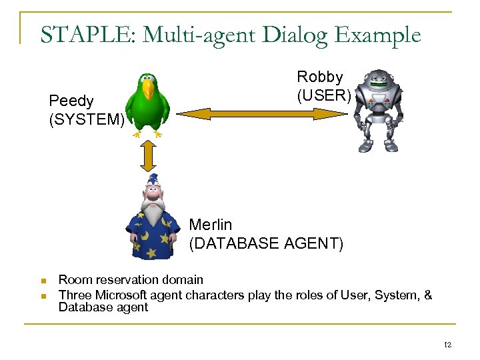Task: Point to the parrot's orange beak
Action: pyautogui.click(x=148, y=88)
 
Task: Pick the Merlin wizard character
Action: pyautogui.click(x=153, y=217)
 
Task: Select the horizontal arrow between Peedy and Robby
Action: pyautogui.click(x=261, y=114)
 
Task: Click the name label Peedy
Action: pyautogui.click(x=71, y=101)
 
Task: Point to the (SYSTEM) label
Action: pyautogui.click(x=87, y=120)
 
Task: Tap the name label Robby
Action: pyautogui.click(x=320, y=77)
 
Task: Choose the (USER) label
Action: pyautogui.click(x=324, y=95)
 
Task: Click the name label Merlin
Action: pyautogui.click(x=211, y=225)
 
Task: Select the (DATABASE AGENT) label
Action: pyautogui.click(x=267, y=244)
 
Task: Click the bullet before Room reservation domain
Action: pyautogui.click(x=42, y=281)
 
